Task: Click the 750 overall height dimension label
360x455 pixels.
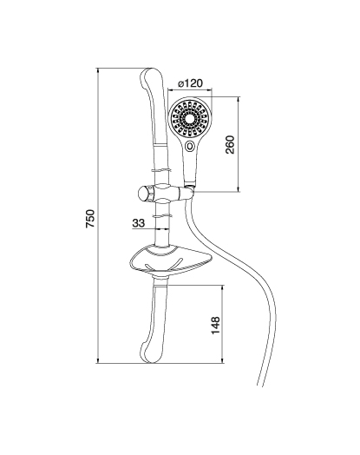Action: point(90,218)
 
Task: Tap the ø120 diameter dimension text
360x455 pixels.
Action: point(190,83)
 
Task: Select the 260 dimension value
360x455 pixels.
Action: point(230,144)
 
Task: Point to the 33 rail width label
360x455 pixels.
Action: point(138,223)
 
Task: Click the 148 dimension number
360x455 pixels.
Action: point(215,326)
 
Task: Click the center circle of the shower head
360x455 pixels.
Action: point(190,119)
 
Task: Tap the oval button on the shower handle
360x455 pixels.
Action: point(190,145)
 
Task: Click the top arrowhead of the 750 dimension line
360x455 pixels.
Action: point(98,70)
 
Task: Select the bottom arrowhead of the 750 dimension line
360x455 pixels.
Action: point(98,360)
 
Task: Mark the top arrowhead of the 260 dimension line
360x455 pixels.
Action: point(239,100)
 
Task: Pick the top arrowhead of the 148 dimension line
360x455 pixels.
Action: point(222,288)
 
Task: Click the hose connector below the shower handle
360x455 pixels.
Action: point(190,186)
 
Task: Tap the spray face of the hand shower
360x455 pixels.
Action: point(190,119)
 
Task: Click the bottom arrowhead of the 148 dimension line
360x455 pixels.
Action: point(222,360)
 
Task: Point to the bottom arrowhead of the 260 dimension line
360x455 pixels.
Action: point(239,189)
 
